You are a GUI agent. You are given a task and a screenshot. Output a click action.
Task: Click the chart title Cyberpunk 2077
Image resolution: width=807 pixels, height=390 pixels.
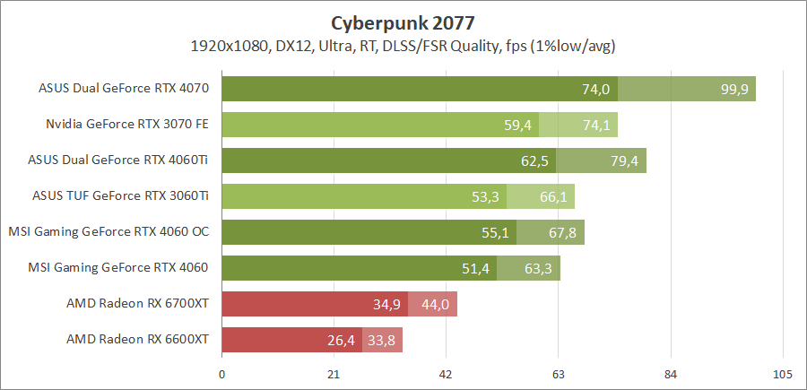coord(403,22)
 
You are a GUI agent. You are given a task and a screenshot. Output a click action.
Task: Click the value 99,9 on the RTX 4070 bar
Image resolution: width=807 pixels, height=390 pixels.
coord(735,89)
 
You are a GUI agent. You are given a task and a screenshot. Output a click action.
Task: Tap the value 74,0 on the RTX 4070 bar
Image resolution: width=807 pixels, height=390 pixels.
coord(595,89)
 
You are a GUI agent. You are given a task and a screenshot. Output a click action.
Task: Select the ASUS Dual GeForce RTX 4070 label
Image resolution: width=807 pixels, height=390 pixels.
coord(124,89)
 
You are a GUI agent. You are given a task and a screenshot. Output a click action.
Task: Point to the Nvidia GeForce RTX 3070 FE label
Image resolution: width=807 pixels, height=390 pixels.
coord(127,125)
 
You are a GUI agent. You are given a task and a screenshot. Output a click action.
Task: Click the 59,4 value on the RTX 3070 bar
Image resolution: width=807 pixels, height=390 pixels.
coord(518,125)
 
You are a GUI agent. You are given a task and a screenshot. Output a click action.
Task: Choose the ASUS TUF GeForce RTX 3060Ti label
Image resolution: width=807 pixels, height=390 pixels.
coord(120,196)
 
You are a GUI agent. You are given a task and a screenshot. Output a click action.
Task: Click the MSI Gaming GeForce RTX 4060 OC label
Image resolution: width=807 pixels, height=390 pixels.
coord(108,232)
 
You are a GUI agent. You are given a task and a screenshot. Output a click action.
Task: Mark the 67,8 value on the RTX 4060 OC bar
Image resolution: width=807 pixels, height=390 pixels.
coord(562,232)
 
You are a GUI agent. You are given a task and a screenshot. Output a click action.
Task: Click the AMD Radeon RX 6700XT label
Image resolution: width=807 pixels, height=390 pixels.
coord(137,304)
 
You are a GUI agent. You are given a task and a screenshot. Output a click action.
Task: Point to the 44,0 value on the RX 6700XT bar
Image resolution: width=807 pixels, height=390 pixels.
coord(435,304)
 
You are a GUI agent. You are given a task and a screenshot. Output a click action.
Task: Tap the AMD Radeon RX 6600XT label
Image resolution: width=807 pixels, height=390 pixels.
coord(137,340)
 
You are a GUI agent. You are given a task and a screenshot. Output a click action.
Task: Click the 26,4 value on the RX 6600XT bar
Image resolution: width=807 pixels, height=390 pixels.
coord(342,340)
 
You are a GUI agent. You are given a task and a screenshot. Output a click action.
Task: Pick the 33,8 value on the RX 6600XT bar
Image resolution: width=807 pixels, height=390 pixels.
coord(382,340)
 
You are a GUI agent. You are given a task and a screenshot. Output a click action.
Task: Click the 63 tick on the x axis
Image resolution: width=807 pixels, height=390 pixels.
coord(558,374)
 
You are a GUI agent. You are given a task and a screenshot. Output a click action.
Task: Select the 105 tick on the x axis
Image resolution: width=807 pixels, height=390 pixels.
coord(782,374)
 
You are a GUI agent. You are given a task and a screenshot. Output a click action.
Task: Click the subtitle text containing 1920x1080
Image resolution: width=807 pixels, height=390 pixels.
coord(402,45)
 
